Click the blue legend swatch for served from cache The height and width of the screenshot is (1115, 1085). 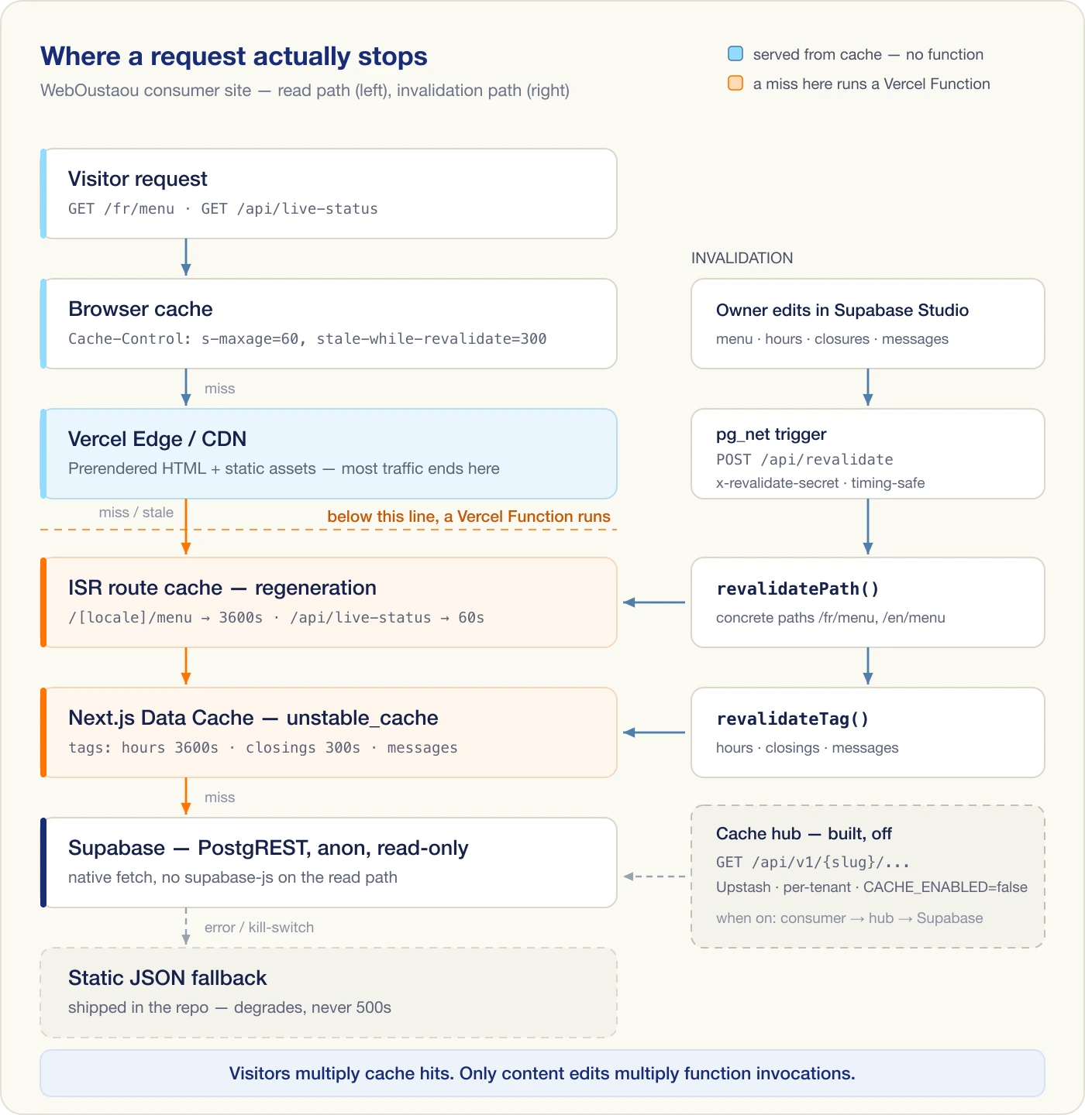(x=735, y=54)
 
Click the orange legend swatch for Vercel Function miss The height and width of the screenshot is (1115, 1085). (x=735, y=83)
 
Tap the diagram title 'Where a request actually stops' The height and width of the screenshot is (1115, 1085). (x=234, y=57)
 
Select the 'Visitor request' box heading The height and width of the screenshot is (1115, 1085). (x=138, y=179)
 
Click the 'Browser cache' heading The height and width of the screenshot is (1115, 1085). (x=140, y=309)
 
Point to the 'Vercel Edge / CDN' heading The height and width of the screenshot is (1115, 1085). (x=157, y=439)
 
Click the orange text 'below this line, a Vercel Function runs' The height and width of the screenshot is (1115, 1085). (x=469, y=516)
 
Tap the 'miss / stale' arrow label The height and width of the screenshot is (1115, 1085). (x=136, y=513)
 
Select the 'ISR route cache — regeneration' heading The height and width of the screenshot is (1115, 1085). (x=222, y=588)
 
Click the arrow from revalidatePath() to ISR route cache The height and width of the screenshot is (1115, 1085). (x=654, y=602)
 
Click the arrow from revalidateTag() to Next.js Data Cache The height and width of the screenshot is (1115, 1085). (x=654, y=732)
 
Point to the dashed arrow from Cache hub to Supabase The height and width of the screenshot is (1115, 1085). (x=654, y=876)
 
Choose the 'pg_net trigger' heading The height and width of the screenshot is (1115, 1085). (x=771, y=434)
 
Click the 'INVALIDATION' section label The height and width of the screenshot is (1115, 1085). (x=742, y=258)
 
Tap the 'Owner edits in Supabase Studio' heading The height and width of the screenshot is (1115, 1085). (x=842, y=310)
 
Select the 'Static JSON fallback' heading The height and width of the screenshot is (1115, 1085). (x=167, y=977)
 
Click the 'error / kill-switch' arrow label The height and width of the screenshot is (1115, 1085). (x=259, y=927)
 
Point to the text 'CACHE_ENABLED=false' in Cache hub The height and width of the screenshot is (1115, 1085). (x=945, y=887)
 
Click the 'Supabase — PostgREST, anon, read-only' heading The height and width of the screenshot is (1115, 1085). (x=268, y=848)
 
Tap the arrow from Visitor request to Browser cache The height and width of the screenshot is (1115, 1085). (x=186, y=257)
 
